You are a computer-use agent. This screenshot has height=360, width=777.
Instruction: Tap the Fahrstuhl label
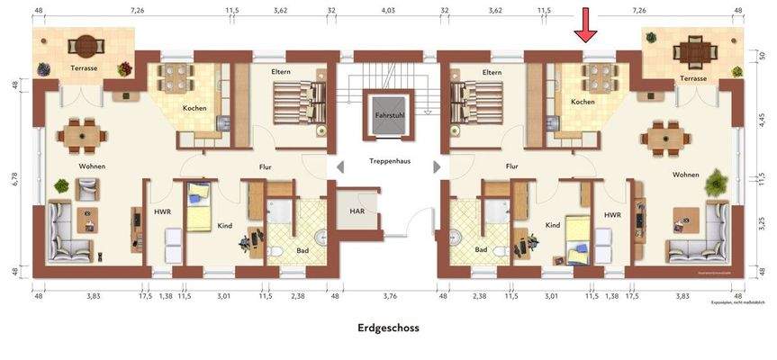(x=390, y=117)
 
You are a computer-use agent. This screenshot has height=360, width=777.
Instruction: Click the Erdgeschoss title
(x=388, y=328)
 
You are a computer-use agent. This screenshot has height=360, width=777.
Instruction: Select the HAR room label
(x=357, y=211)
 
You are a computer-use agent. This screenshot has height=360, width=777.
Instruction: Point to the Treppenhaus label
(x=390, y=161)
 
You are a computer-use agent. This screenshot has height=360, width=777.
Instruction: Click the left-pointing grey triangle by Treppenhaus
(x=339, y=166)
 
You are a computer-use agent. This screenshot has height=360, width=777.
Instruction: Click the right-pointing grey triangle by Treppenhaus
(x=438, y=166)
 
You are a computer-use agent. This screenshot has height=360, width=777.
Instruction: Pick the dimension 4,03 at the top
(x=388, y=11)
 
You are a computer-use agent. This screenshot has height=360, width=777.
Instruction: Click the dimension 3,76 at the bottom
(x=390, y=295)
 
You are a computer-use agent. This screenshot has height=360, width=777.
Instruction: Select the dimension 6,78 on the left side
(x=15, y=179)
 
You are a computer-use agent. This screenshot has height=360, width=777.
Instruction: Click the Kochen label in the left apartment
(x=194, y=108)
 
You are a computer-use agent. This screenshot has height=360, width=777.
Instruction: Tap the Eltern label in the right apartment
(x=492, y=72)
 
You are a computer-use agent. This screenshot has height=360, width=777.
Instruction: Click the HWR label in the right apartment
(x=612, y=215)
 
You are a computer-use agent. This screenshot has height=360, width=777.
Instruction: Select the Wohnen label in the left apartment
(x=93, y=166)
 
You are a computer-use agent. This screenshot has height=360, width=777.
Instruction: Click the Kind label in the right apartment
(x=552, y=225)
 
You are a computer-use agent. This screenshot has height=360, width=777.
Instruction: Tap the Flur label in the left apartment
(x=266, y=166)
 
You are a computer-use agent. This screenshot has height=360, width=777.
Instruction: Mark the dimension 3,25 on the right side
(x=762, y=220)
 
